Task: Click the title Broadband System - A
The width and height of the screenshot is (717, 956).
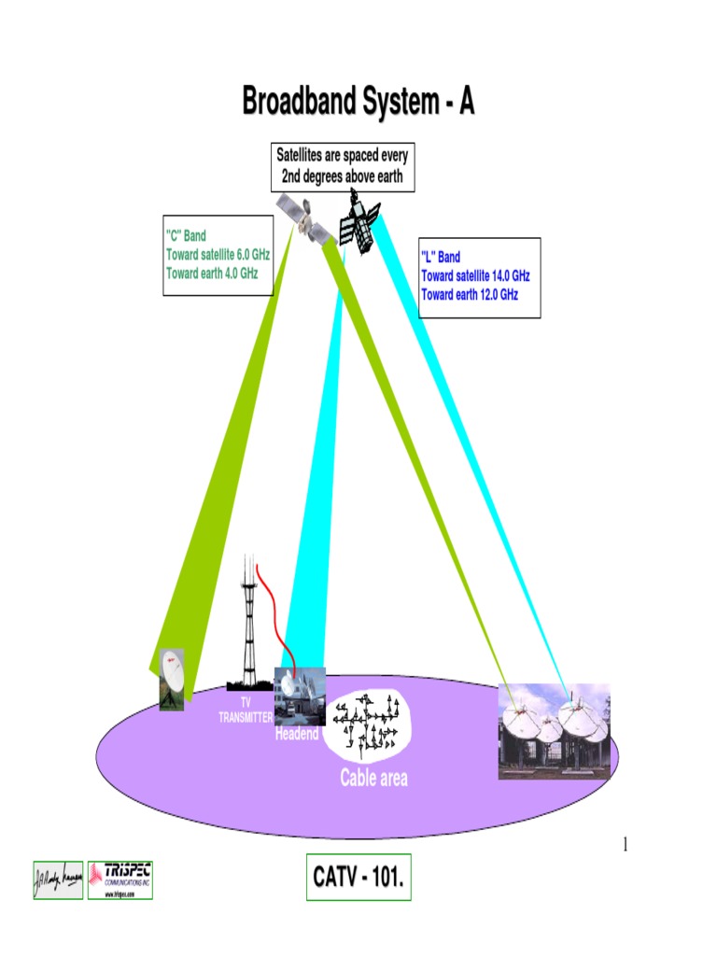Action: click(x=358, y=102)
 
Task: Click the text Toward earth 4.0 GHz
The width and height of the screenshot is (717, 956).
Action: click(x=211, y=274)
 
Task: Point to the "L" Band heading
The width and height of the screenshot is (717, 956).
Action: click(x=441, y=257)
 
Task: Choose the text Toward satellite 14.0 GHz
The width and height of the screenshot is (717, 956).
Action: click(x=475, y=275)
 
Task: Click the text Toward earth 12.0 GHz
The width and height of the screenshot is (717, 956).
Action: click(x=470, y=294)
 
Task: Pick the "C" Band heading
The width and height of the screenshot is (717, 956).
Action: click(x=186, y=236)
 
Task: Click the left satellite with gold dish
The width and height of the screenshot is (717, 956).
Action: click(x=302, y=218)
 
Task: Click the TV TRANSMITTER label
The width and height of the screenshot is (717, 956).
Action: click(x=246, y=710)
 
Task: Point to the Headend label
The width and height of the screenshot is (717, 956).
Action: click(x=297, y=735)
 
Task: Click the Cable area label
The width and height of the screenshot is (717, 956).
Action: click(x=373, y=778)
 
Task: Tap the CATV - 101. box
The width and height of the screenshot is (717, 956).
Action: click(x=358, y=878)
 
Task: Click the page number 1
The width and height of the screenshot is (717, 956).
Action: click(x=626, y=846)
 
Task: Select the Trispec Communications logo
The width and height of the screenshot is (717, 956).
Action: click(x=120, y=879)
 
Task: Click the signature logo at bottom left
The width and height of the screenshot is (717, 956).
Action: click(x=59, y=879)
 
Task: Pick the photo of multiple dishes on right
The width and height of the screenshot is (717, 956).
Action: click(x=555, y=733)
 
